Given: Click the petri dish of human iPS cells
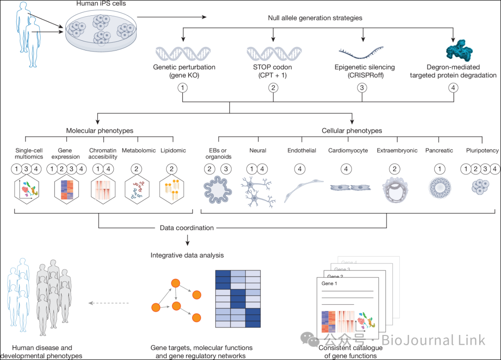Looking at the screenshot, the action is pyautogui.click(x=101, y=30).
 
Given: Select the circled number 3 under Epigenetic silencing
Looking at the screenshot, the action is pyautogui.click(x=362, y=88).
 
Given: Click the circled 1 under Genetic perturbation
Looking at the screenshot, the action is pyautogui.click(x=182, y=88).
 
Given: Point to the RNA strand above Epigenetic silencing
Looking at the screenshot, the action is pyautogui.click(x=361, y=53).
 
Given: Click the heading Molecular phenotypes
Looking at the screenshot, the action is pyautogui.click(x=100, y=131).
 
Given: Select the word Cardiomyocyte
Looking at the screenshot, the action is pyautogui.click(x=348, y=150).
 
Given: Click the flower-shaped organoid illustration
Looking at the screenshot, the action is pyautogui.click(x=218, y=190).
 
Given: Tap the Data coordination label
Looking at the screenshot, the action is pyautogui.click(x=186, y=228).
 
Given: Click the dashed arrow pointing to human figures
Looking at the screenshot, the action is pyautogui.click(x=109, y=303).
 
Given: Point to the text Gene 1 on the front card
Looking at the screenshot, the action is pyautogui.click(x=329, y=283).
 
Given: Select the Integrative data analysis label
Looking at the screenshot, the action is pyautogui.click(x=187, y=255).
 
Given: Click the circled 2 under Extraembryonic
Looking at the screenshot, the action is pyautogui.click(x=395, y=169).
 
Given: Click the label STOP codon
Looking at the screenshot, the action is pyautogui.click(x=273, y=67).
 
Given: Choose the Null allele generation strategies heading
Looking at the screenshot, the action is pyautogui.click(x=315, y=18).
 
